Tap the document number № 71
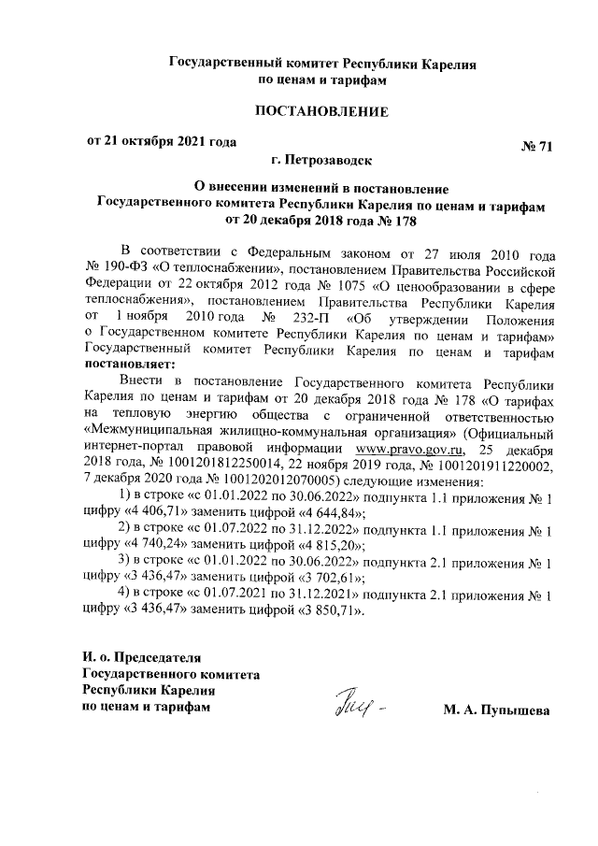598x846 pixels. pyautogui.click(x=537, y=147)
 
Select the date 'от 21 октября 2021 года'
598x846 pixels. pyautogui.click(x=156, y=142)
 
